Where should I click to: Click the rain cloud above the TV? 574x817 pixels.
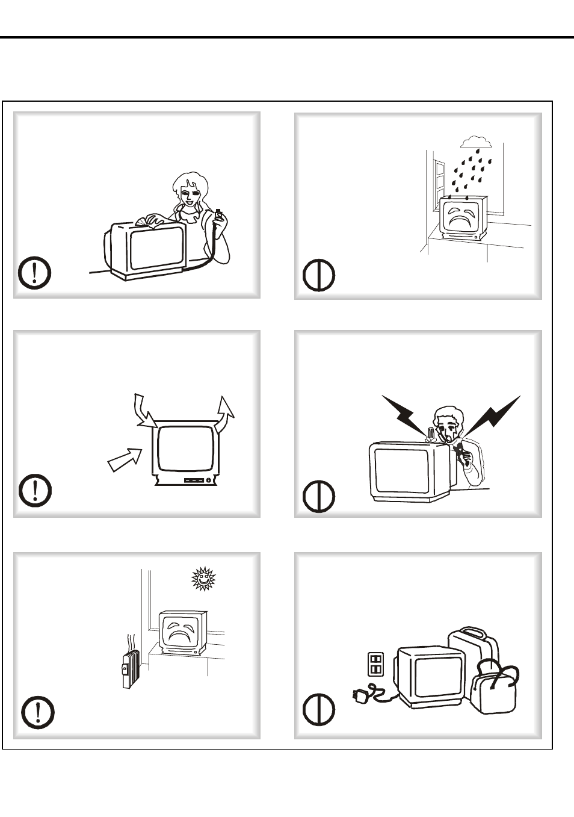tap(476, 141)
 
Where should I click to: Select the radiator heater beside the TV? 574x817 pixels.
tap(128, 668)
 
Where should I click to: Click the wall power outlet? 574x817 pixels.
tap(375, 663)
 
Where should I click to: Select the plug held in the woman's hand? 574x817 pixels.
tap(219, 215)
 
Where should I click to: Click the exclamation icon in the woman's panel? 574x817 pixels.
tap(34, 273)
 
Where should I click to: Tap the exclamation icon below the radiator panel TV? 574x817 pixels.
tap(38, 713)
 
